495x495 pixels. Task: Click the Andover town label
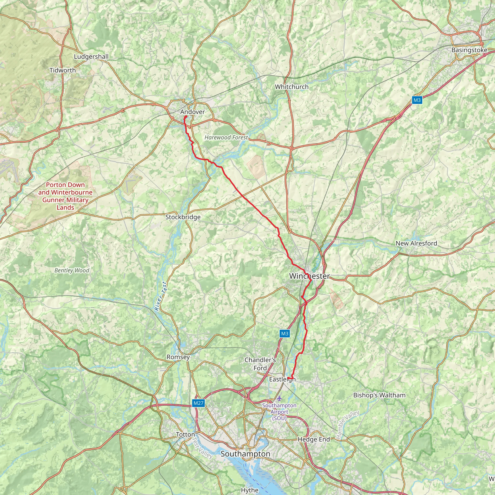[x=192, y=112]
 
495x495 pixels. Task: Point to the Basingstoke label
[x=469, y=50]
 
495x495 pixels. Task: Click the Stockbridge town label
[x=183, y=217]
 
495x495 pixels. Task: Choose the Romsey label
[x=178, y=357]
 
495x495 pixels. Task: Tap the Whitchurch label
[x=291, y=87]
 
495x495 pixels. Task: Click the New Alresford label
[x=416, y=243]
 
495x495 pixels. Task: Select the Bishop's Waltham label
[x=379, y=395]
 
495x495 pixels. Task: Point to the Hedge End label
[x=313, y=439]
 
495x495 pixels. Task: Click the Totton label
[x=185, y=435]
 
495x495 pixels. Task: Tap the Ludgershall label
[x=91, y=57]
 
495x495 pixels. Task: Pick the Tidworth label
[x=63, y=70]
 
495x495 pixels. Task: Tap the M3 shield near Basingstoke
[x=417, y=100]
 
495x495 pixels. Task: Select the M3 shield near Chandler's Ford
[x=285, y=334]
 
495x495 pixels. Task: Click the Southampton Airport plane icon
[x=279, y=399]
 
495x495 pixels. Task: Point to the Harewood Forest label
[x=226, y=138]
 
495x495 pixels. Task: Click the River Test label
[x=161, y=297]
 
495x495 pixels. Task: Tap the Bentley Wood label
[x=72, y=270]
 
